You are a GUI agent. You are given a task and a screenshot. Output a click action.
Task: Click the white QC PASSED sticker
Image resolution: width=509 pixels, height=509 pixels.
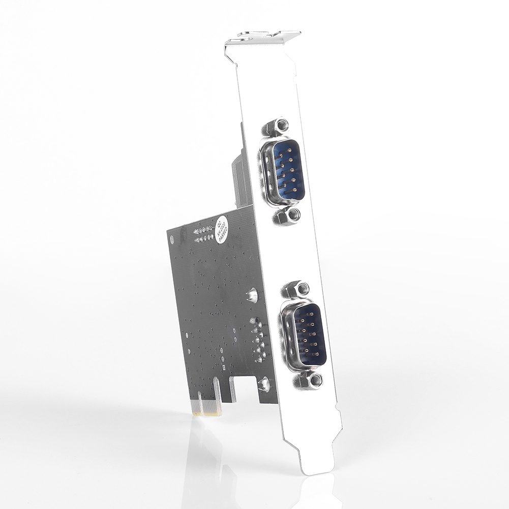(222, 229)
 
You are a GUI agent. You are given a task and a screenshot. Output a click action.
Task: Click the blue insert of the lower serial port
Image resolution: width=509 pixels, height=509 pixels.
(309, 334)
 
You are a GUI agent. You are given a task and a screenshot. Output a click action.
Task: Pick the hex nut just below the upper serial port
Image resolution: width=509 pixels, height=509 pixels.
(288, 216)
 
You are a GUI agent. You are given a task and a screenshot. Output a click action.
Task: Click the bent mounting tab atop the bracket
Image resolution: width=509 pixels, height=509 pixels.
(264, 37)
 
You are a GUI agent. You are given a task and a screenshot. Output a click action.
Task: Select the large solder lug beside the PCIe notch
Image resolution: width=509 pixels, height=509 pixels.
(264, 384)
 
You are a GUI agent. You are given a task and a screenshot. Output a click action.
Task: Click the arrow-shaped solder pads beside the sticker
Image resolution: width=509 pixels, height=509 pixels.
(203, 234)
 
